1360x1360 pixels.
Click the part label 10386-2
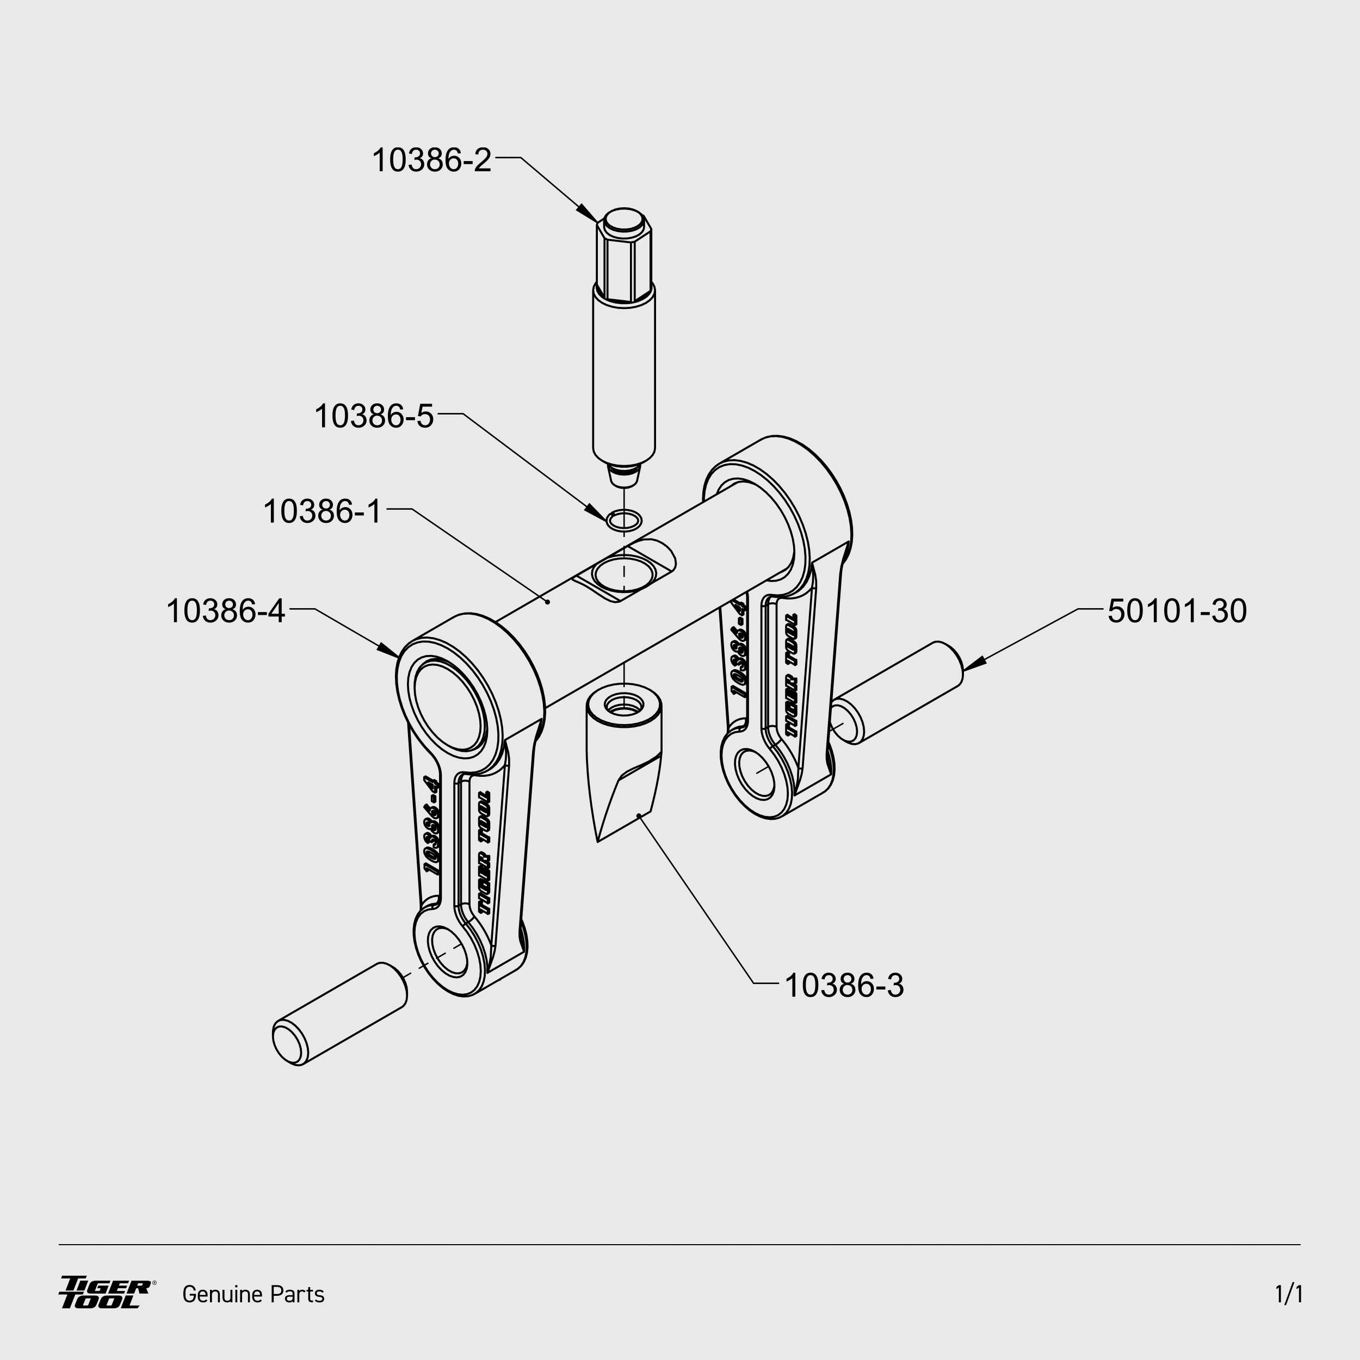coord(431,160)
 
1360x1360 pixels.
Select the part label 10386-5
coord(374,416)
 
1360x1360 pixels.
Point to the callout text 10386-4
coord(225,611)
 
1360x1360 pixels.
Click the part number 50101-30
coord(1176,611)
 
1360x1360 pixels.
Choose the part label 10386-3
coord(843,986)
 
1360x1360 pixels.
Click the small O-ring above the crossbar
coord(623,520)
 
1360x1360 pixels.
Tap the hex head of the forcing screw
coord(623,254)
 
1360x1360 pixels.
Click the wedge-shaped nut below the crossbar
coord(623,761)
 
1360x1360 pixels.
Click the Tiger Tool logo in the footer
coord(106,1293)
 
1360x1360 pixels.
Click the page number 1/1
coord(1288,1294)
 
